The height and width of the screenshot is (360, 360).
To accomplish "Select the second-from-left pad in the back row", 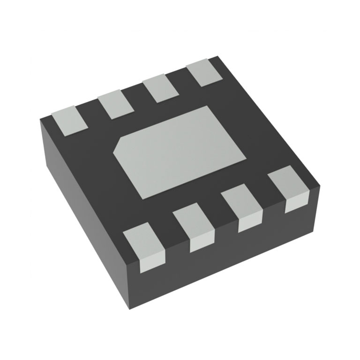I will (115, 104).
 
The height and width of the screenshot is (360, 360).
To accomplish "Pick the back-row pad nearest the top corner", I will (205, 73).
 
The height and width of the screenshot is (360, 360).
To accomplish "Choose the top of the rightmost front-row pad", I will (288, 182).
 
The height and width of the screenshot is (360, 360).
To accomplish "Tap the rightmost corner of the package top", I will (320, 184).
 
